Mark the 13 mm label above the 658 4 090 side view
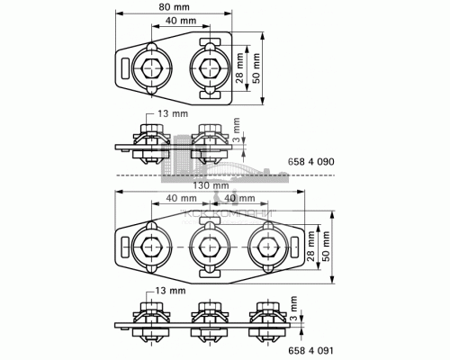pyautogui.click(x=166, y=114)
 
